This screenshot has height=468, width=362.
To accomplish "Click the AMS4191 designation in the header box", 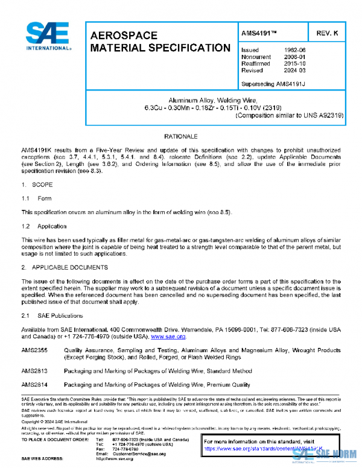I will tap(259, 32).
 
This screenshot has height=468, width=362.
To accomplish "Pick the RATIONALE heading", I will tap(180, 137).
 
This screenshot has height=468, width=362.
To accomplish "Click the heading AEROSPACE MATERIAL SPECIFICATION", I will tap(160, 42).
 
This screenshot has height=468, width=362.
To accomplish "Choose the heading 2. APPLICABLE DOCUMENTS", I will tap(65, 266).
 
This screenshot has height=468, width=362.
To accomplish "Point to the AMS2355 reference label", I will tap(34, 350).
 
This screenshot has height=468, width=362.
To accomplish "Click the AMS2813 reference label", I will tap(34, 371).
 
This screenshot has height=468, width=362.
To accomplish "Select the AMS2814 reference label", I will tap(34, 384).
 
